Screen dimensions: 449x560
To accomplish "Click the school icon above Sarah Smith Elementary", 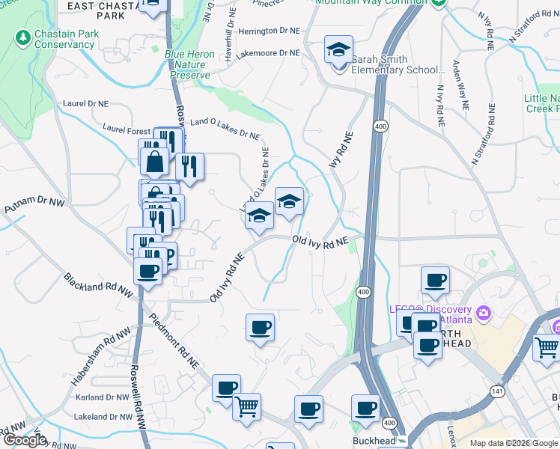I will click(338, 50).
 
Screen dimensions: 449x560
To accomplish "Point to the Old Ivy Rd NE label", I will click(320, 242).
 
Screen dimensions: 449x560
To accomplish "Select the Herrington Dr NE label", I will click(269, 31).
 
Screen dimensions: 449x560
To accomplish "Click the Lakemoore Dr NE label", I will click(267, 54).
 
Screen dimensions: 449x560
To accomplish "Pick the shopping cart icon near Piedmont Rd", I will click(246, 406).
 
